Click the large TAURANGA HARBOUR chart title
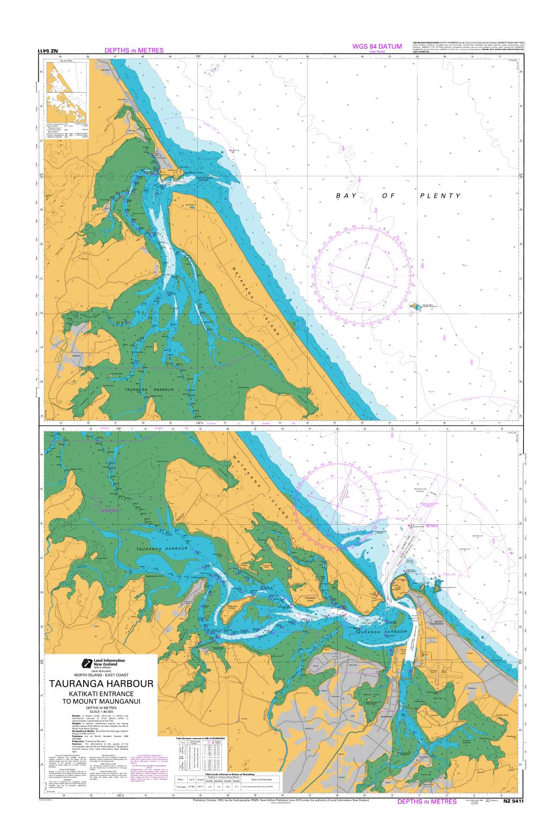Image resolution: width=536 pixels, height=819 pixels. click(101, 684)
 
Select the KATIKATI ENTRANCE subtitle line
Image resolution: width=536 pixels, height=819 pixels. click(101, 694)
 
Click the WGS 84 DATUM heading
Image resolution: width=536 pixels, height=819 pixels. click(377, 47)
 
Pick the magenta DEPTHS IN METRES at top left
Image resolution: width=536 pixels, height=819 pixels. click(133, 50)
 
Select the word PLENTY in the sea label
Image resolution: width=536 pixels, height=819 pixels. click(440, 196)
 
